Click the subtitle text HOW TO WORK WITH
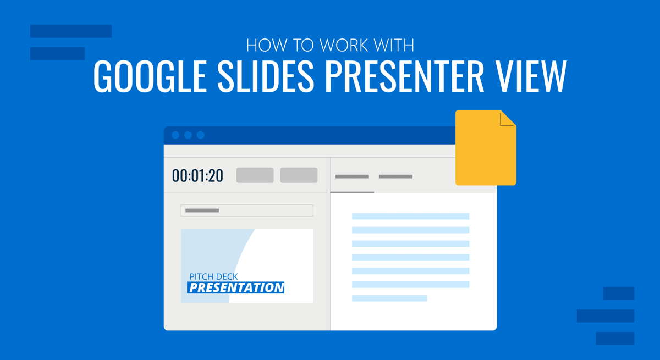[329, 45]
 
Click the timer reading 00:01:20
[197, 176]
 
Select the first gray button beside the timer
[255, 175]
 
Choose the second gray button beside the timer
[299, 175]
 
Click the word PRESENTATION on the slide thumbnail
[236, 287]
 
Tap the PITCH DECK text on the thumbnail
[213, 276]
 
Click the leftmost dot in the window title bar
[175, 135]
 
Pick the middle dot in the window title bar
[188, 135]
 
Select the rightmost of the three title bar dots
[201, 135]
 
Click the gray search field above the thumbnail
[247, 211]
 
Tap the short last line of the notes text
[389, 298]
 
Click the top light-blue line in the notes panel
[410, 216]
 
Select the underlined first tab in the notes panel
[352, 177]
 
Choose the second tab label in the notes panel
[395, 177]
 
